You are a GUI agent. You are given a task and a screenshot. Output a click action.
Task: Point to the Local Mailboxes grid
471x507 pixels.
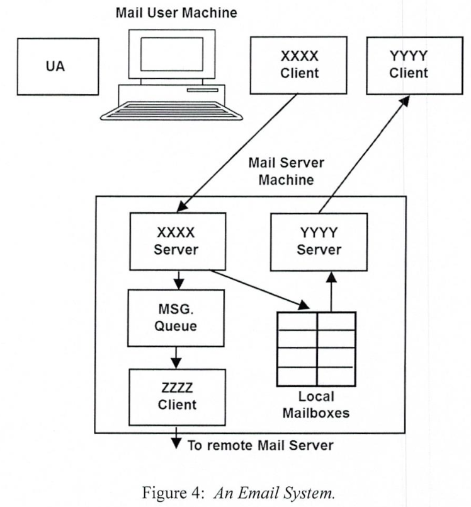(317, 349)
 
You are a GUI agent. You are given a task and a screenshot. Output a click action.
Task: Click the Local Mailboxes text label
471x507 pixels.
(317, 405)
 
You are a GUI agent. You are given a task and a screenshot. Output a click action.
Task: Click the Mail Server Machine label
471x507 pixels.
(286, 171)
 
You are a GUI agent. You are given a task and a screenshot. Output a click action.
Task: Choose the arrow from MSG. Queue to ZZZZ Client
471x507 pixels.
(176, 357)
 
